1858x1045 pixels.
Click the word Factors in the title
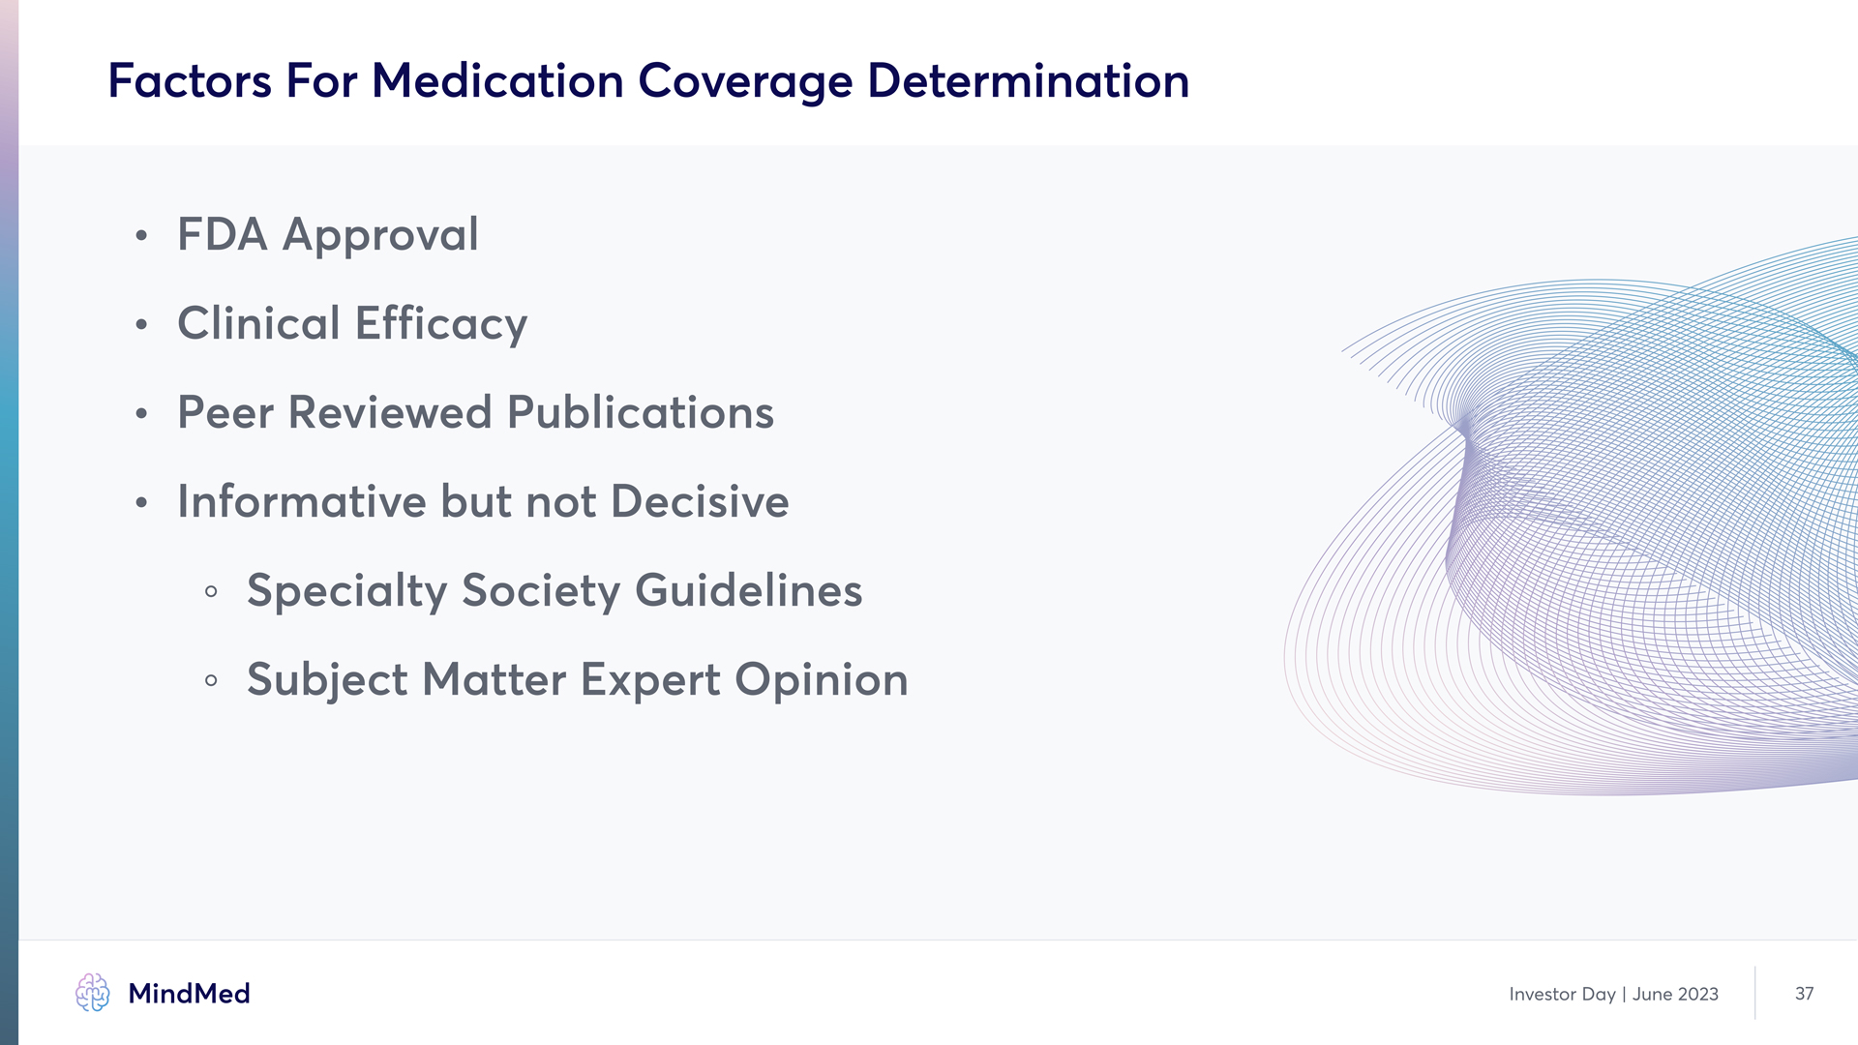point(190,80)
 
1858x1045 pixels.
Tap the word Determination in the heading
point(1028,80)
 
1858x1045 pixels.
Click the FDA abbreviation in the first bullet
point(223,234)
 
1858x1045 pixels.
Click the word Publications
point(641,412)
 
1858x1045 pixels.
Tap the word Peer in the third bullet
point(225,413)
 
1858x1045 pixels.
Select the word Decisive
point(700,501)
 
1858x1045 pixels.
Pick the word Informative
point(302,501)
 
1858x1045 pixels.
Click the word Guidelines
point(748,590)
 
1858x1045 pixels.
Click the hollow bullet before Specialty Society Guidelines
point(211,591)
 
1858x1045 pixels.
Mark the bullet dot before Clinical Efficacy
point(141,324)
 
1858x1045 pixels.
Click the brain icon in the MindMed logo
point(93,993)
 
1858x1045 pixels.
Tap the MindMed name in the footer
point(189,994)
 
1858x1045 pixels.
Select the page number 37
point(1804,994)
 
